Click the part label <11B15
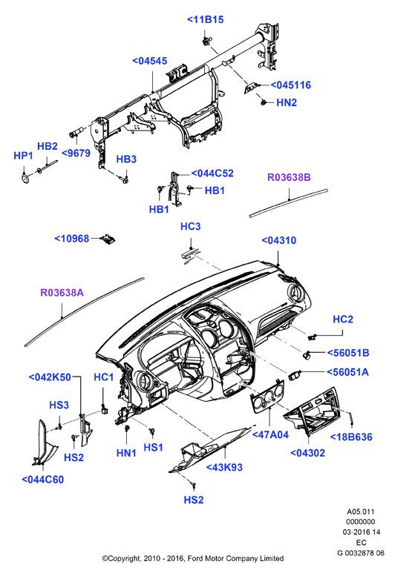pyautogui.click(x=206, y=20)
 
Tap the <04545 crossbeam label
pyautogui.click(x=150, y=61)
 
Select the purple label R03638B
pyautogui.click(x=289, y=178)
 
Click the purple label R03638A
pyautogui.click(x=62, y=293)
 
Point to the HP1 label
pyautogui.click(x=24, y=156)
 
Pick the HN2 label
pyautogui.click(x=287, y=103)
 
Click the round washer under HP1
pyautogui.click(x=25, y=179)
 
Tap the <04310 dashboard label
pyautogui.click(x=279, y=240)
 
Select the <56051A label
pyautogui.click(x=347, y=372)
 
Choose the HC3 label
pyautogui.click(x=190, y=227)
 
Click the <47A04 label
pyautogui.click(x=270, y=434)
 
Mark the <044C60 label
pyautogui.click(x=43, y=480)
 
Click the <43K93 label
pyautogui.click(x=224, y=468)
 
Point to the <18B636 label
pyautogui.click(x=351, y=437)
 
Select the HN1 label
pyautogui.click(x=126, y=453)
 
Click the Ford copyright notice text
pyautogui.click(x=193, y=558)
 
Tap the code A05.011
pyautogui.click(x=361, y=512)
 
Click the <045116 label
pyautogui.click(x=290, y=85)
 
